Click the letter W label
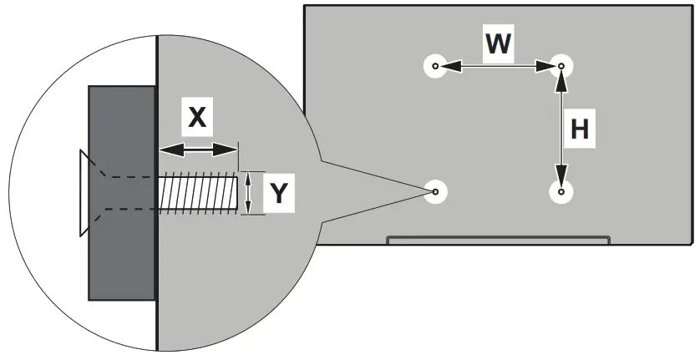pyautogui.click(x=498, y=43)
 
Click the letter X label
pyautogui.click(x=197, y=117)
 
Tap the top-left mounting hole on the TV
pyautogui.click(x=435, y=66)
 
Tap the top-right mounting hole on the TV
pyautogui.click(x=561, y=66)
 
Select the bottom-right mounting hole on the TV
pyautogui.click(x=561, y=192)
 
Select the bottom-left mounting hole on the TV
pyautogui.click(x=435, y=192)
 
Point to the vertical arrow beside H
pyautogui.click(x=561, y=129)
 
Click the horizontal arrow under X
pyautogui.click(x=197, y=150)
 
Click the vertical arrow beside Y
pyautogui.click(x=250, y=193)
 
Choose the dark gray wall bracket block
pyautogui.click(x=122, y=193)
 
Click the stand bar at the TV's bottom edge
pyautogui.click(x=498, y=241)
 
